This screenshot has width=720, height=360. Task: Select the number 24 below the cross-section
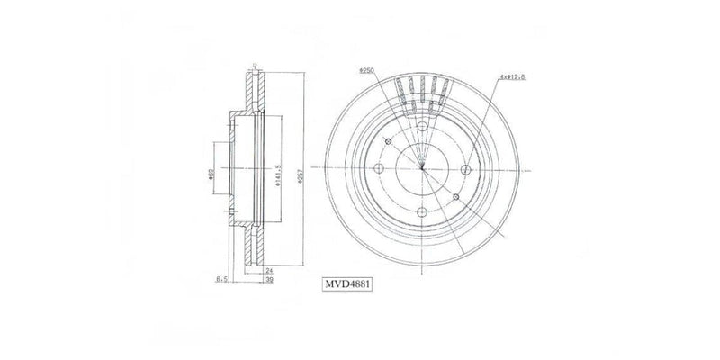pyautogui.click(x=268, y=269)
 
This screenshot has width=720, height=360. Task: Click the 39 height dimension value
pyautogui.click(x=268, y=280)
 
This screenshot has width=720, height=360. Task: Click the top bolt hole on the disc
pyautogui.click(x=421, y=127)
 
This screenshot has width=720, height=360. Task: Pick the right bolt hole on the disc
pyautogui.click(x=465, y=170)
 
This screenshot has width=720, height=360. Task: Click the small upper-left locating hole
pyautogui.click(x=387, y=142)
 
